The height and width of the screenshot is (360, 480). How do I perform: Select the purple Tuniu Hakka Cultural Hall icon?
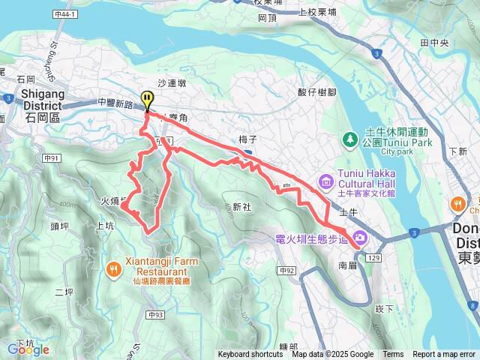pos(325,181)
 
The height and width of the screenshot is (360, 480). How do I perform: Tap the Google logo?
pos(28,349)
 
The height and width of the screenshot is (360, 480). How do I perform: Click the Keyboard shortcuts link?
pos(250,355)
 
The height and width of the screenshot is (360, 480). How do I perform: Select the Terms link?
pos(393,355)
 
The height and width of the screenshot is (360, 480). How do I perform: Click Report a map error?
pos(444,355)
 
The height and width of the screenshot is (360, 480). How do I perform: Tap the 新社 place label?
pos(241,207)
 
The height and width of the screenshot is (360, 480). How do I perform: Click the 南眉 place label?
pos(348,265)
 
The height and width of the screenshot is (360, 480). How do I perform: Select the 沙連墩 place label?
pos(171,86)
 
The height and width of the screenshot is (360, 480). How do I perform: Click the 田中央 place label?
pos(434,43)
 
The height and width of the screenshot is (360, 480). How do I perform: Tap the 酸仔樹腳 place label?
pos(314,92)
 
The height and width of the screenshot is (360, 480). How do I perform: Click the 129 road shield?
pos(375,257)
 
